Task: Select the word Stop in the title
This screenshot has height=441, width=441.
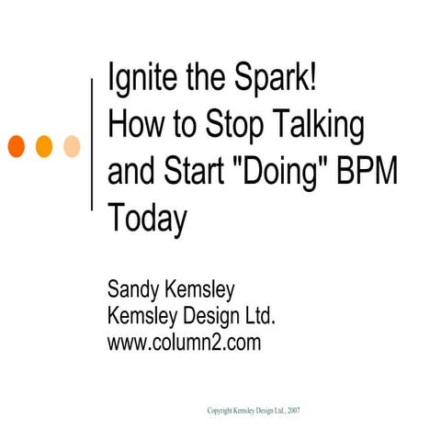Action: point(242,125)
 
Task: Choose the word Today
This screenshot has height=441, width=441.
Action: point(147,219)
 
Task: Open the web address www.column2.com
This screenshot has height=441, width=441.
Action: point(185,344)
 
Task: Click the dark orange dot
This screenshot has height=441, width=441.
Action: point(17,144)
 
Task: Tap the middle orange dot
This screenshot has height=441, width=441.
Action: point(44,144)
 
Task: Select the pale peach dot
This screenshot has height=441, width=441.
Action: point(72,144)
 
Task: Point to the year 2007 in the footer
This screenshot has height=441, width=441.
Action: point(293,411)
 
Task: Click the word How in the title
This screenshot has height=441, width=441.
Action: point(134,125)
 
